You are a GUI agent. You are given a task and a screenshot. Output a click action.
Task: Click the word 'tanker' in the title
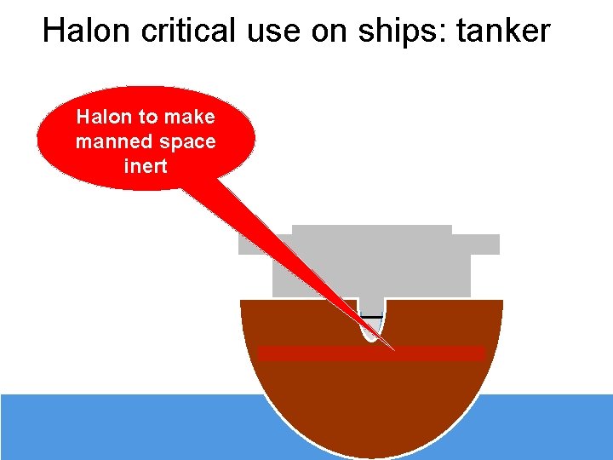tap(503, 31)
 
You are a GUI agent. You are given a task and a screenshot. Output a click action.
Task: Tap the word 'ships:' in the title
tap(405, 32)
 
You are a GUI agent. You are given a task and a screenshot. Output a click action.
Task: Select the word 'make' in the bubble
tap(190, 117)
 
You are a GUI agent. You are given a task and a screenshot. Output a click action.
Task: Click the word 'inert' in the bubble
tap(146, 166)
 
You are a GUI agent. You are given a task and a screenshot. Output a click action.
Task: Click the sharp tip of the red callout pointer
tap(394, 350)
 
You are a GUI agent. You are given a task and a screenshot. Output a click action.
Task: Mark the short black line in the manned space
tap(371, 317)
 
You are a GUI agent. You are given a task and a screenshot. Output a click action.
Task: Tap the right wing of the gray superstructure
tap(484, 244)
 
